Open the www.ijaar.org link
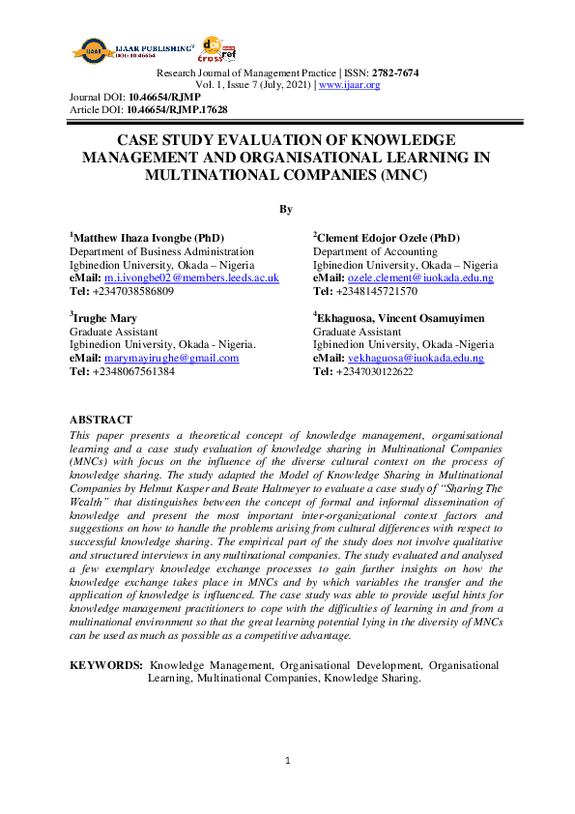point(349,85)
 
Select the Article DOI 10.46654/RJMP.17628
point(177,110)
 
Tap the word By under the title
point(286,209)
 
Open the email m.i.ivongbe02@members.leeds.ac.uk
point(191,277)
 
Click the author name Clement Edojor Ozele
point(377,238)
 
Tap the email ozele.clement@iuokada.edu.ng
point(420,277)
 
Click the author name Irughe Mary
point(104,317)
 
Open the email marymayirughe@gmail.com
point(171,358)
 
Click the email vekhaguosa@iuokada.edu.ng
point(416,358)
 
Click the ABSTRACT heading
point(101,420)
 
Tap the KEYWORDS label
point(106,665)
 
